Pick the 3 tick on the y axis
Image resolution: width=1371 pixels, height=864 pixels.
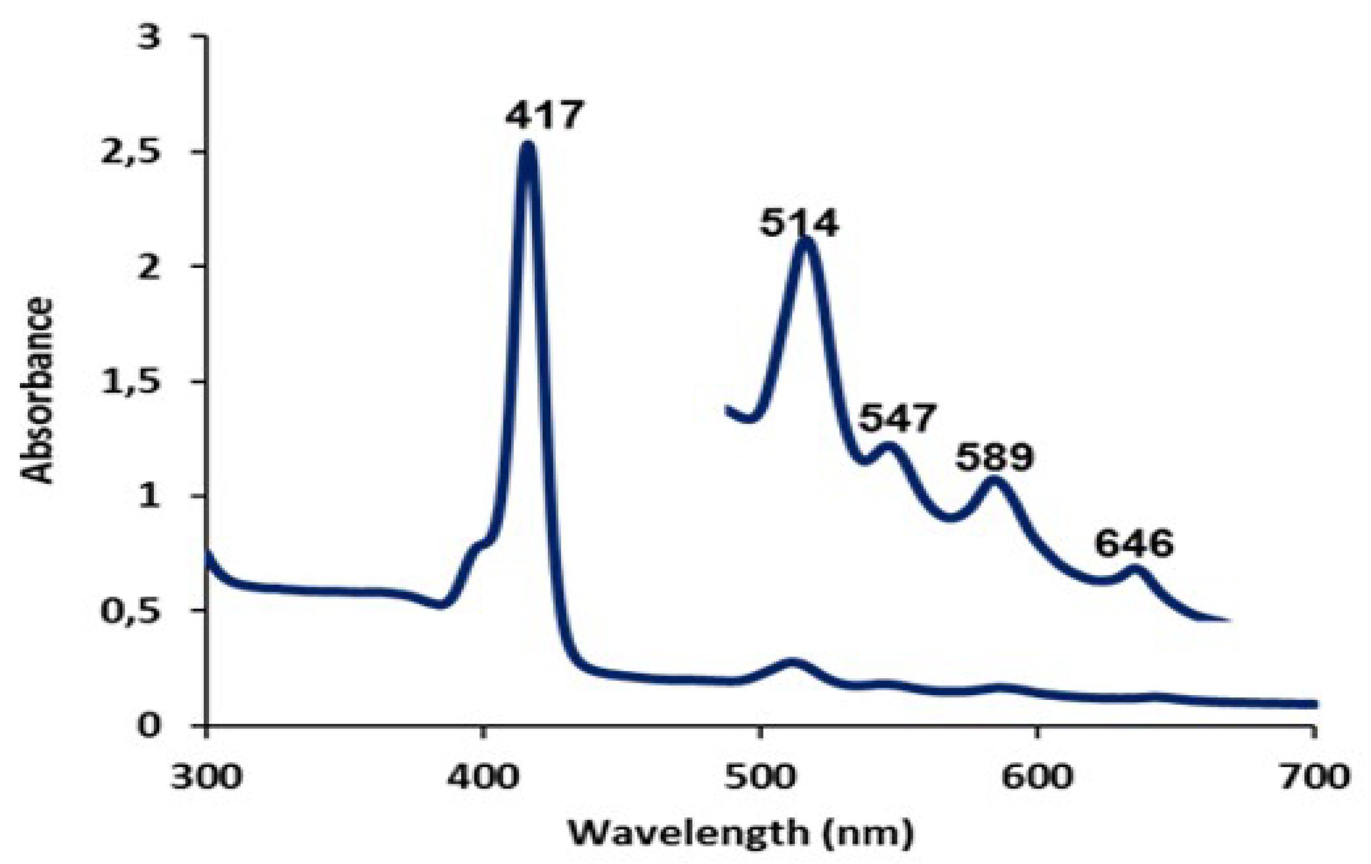[x=150, y=40]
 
